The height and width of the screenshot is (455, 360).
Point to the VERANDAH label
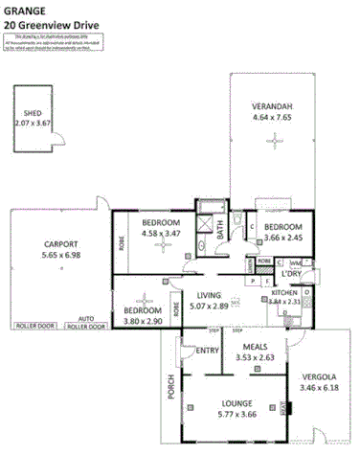272,104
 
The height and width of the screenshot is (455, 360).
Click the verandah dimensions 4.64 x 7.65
272,116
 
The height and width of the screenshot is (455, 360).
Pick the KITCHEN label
285,292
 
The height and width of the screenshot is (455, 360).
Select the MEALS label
255,348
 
